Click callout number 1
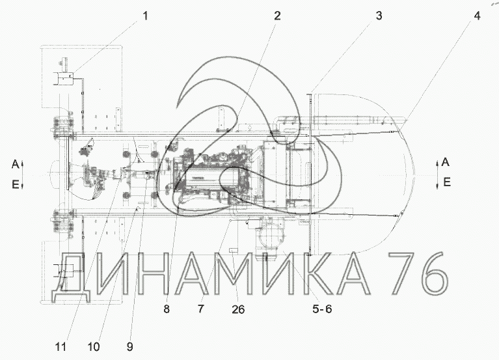coord(146,16)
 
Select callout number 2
coord(278,16)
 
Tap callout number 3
coord(379,16)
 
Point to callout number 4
coord(477,16)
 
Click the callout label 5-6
coord(322,309)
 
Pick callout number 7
coord(201,309)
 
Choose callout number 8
coord(167,309)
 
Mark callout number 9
coord(129,346)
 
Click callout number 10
coord(93,346)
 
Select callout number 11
coord(61,346)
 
